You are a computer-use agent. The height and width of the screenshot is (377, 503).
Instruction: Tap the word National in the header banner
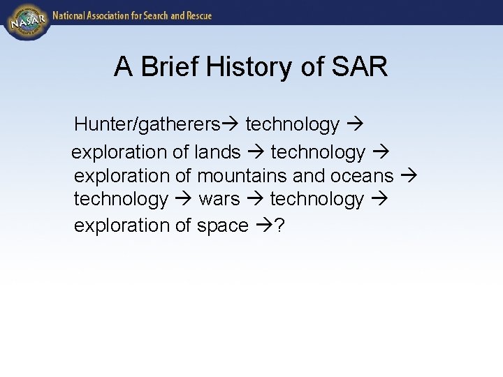click(x=70, y=15)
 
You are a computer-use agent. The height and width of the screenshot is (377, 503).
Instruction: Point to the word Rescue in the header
click(x=197, y=15)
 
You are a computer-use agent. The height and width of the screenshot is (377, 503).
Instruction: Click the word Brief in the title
click(x=166, y=67)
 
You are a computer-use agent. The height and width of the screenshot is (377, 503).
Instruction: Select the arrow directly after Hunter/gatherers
click(x=231, y=125)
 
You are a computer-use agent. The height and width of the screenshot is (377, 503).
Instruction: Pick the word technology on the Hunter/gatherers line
click(x=292, y=125)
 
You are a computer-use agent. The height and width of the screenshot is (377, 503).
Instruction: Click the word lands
click(x=217, y=151)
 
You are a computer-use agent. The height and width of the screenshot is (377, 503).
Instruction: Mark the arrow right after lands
click(x=256, y=151)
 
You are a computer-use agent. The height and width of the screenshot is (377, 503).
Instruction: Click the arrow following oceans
click(x=409, y=176)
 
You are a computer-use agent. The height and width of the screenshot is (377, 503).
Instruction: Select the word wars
click(x=219, y=200)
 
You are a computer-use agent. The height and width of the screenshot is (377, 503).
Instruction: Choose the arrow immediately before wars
click(x=184, y=200)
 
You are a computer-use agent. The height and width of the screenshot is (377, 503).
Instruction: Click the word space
click(x=222, y=226)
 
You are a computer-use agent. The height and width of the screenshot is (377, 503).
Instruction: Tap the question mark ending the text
click(x=279, y=226)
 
